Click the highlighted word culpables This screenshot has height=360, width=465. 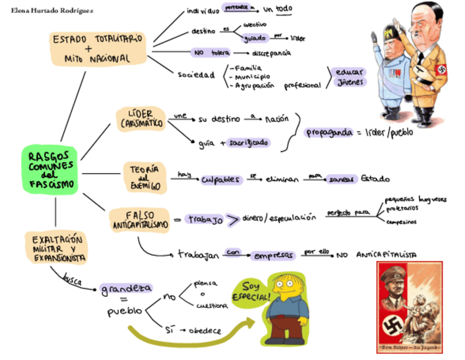coord(220,179)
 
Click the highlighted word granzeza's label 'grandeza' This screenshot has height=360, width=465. coord(126,289)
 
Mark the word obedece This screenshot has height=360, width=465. coord(205,331)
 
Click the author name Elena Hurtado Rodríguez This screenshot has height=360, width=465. coord(52,10)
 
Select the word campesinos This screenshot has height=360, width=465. coord(400,222)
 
